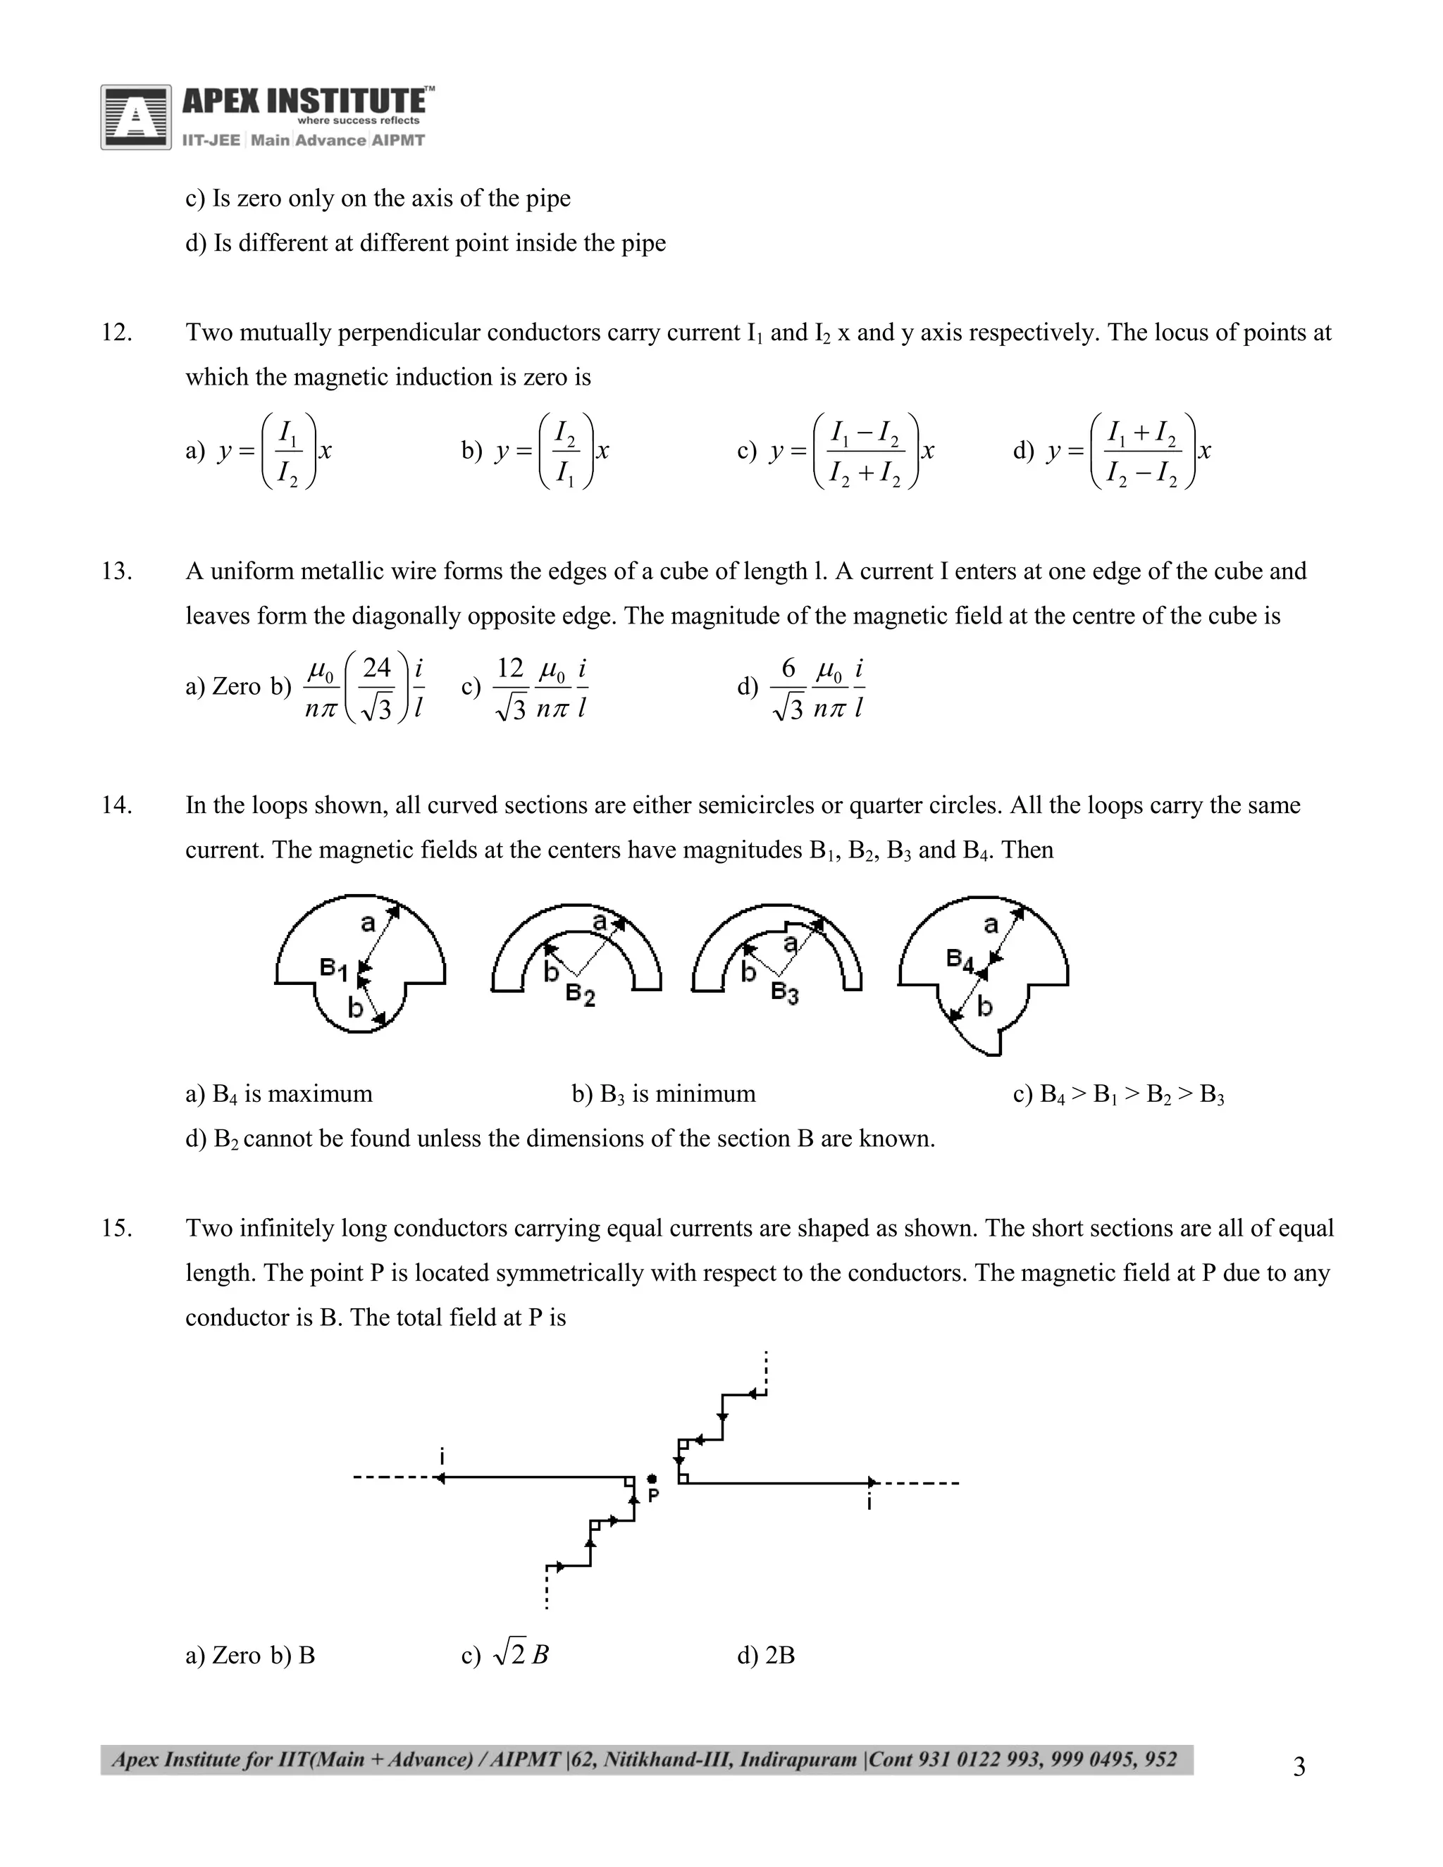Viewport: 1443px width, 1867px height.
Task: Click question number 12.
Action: point(116,333)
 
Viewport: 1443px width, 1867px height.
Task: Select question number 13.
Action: point(116,571)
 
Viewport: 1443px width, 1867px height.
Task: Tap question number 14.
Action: point(116,805)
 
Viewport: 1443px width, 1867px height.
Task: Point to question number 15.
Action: point(116,1229)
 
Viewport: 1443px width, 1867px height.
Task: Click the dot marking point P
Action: point(652,1478)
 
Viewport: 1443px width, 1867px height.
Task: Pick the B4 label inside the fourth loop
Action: point(960,960)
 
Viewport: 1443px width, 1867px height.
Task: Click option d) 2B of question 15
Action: point(766,1656)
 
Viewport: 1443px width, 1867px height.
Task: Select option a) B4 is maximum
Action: point(279,1094)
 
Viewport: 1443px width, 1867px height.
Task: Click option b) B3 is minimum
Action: point(663,1094)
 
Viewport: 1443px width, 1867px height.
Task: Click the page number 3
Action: point(1299,1767)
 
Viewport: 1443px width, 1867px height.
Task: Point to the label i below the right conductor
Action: point(869,1502)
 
